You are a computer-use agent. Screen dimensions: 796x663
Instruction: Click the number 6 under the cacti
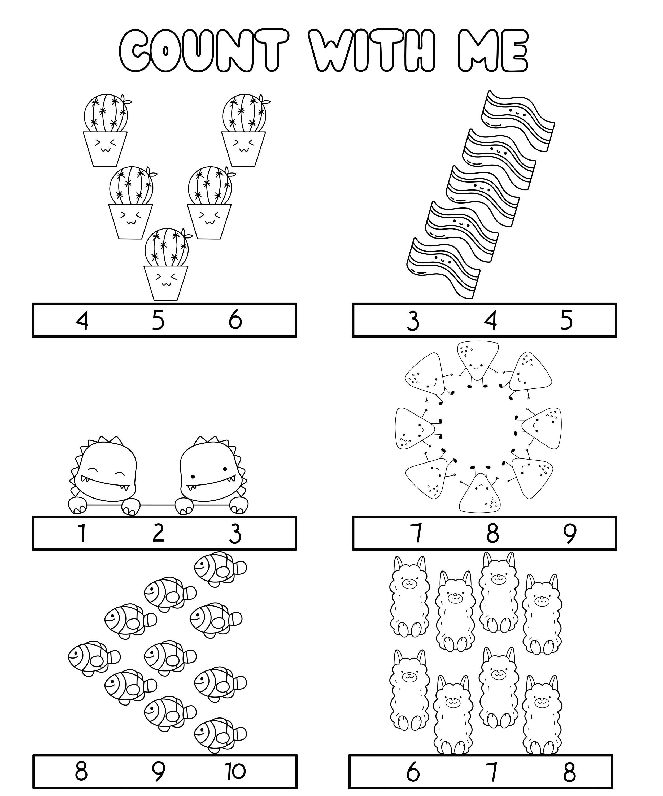point(235,320)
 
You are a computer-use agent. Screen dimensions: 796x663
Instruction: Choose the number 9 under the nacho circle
point(569,533)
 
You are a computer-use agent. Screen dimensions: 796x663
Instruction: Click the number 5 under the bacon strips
point(566,320)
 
